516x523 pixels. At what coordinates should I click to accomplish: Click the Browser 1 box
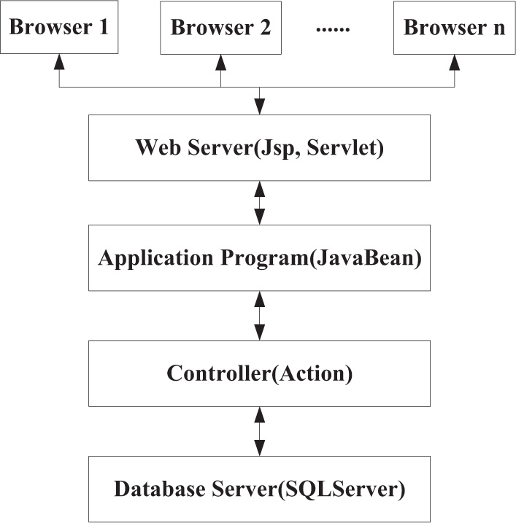click(x=58, y=28)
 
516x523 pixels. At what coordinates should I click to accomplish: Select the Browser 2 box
click(x=220, y=28)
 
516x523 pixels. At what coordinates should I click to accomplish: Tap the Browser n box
click(x=454, y=28)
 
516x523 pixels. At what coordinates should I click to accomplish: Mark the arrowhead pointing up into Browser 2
click(x=220, y=63)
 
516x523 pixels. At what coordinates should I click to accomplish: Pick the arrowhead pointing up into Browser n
click(x=454, y=63)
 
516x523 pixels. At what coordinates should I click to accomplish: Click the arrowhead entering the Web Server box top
click(x=259, y=106)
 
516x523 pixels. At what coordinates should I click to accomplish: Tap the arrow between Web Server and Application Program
click(x=259, y=203)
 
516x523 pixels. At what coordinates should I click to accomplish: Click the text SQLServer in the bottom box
click(x=349, y=489)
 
